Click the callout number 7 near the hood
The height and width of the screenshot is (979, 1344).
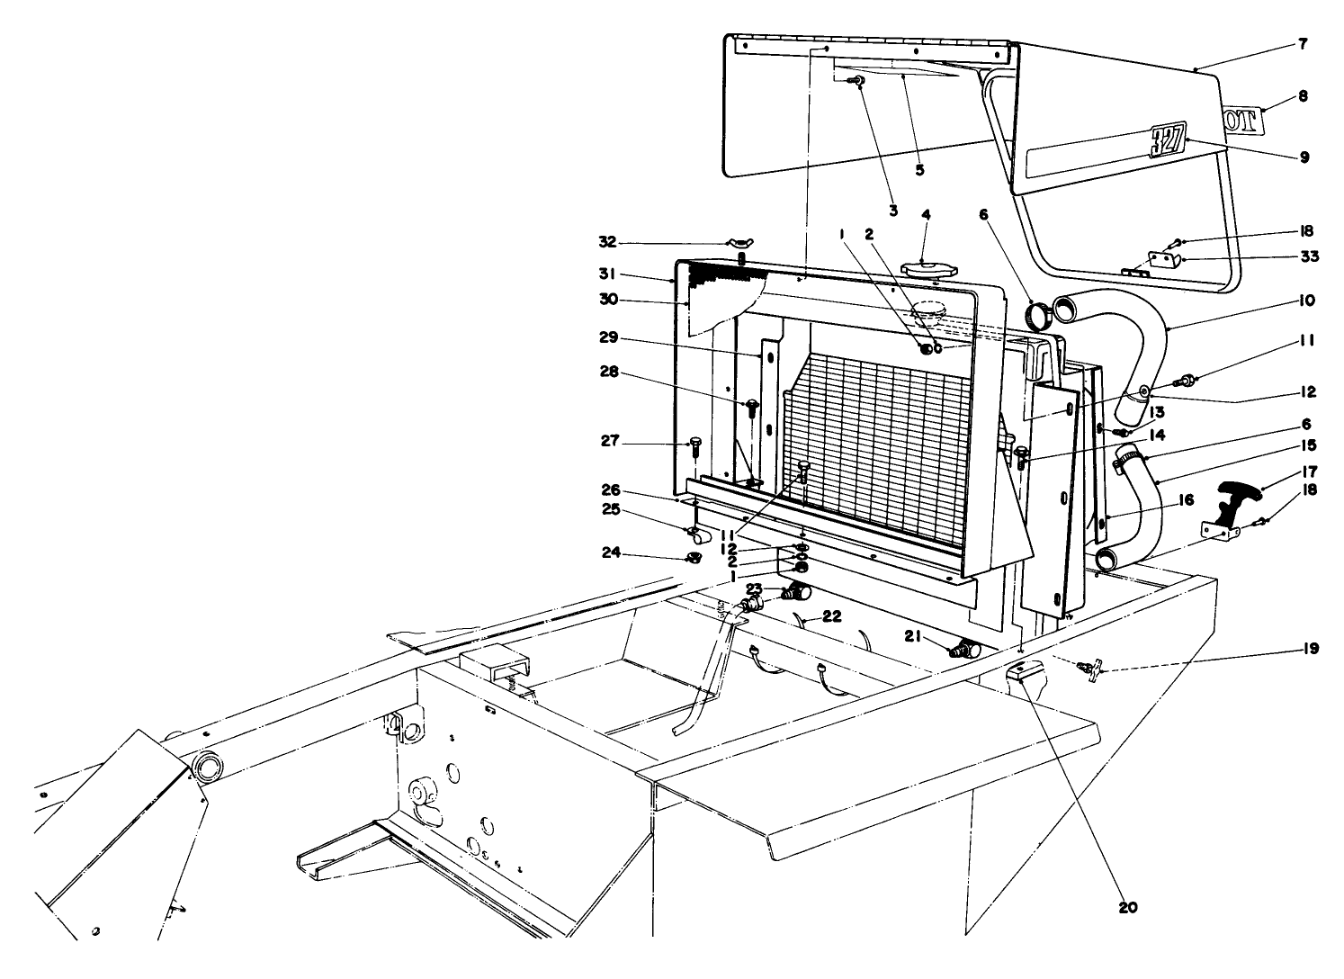click(1304, 43)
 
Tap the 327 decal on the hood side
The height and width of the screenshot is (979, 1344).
click(1168, 141)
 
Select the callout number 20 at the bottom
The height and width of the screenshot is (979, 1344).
click(1128, 908)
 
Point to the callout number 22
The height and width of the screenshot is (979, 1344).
click(832, 616)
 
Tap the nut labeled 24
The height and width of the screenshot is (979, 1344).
click(694, 559)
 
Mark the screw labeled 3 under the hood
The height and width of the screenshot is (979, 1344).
click(859, 81)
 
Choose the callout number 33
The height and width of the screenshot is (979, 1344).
click(1309, 256)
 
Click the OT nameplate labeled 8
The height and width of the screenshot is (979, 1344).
click(1242, 119)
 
